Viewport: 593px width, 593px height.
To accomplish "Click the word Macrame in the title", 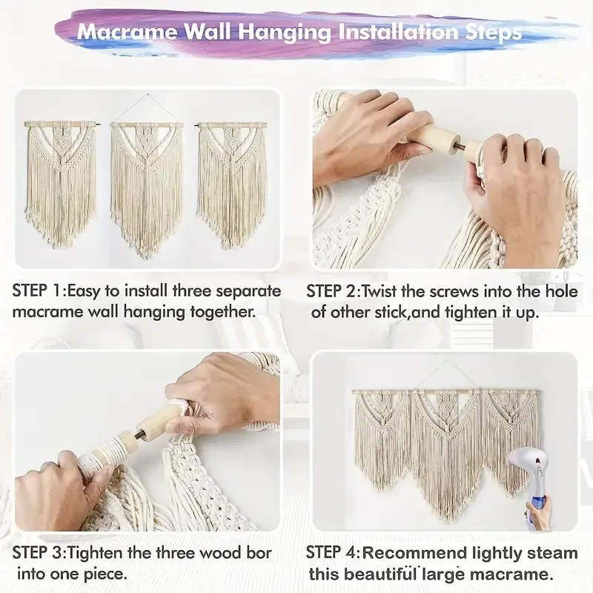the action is point(127,31).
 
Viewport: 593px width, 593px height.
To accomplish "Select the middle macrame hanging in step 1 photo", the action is point(146,188).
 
